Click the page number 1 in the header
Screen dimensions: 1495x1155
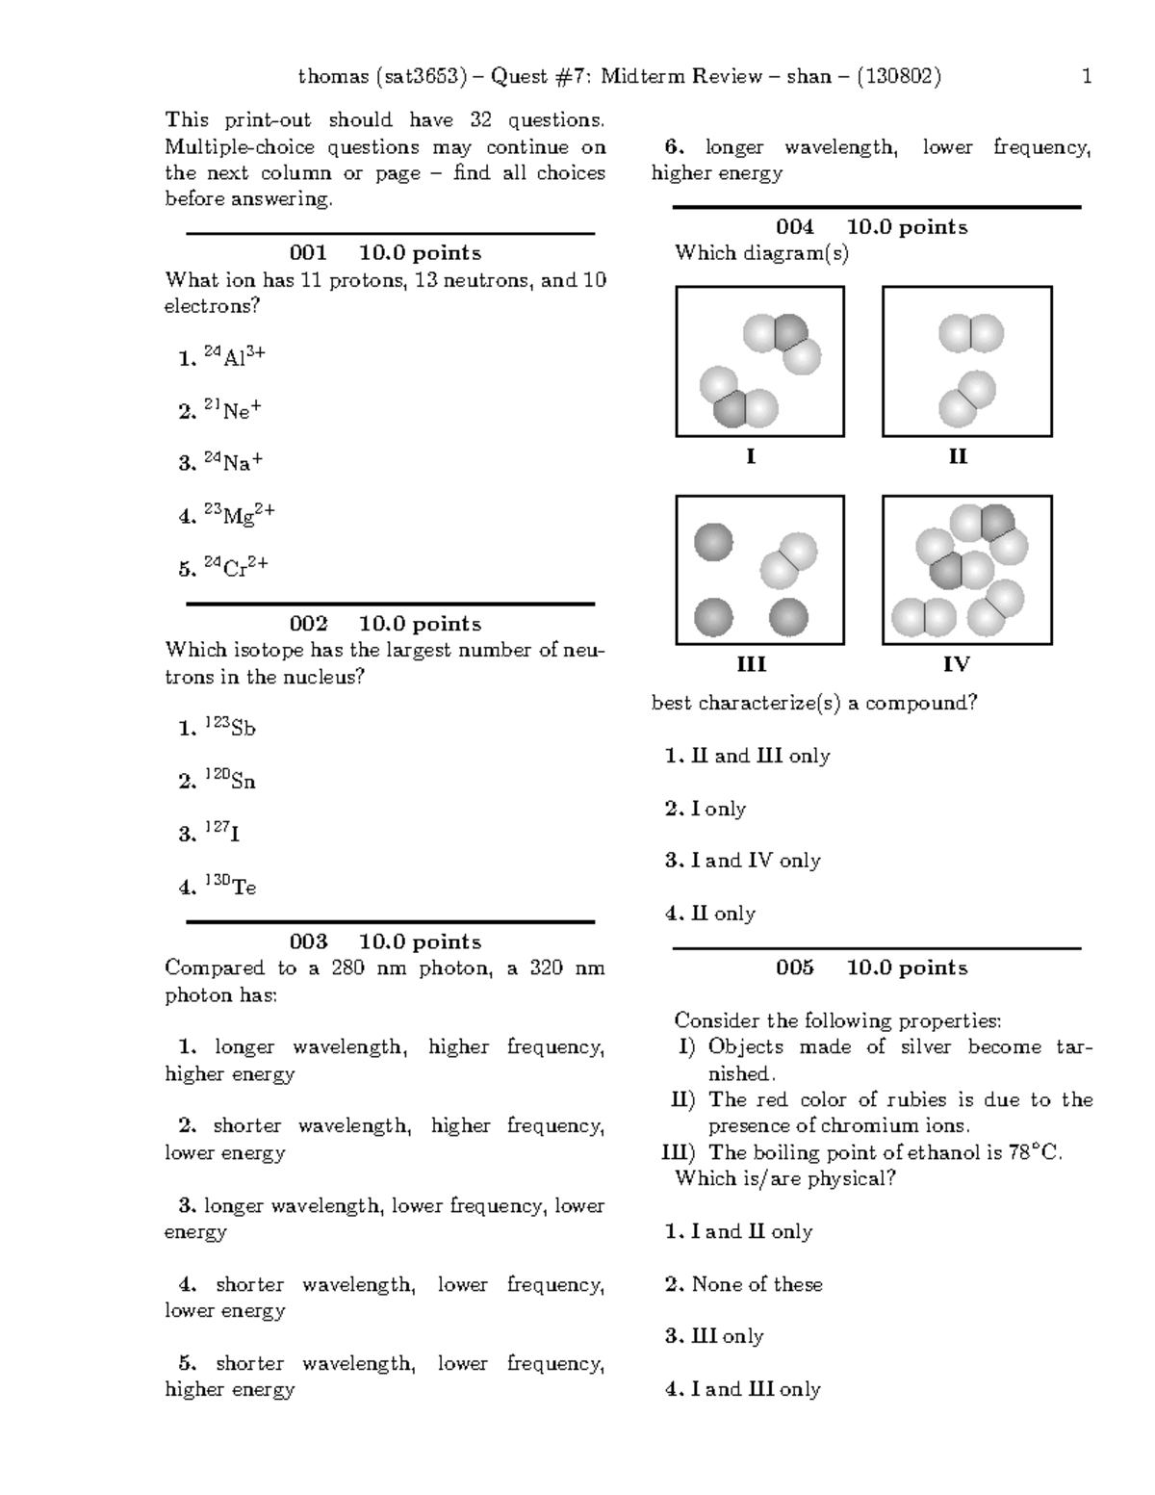click(1087, 77)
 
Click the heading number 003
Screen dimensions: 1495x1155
click(308, 941)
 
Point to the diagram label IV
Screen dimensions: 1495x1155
click(956, 664)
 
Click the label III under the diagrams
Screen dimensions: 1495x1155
click(751, 664)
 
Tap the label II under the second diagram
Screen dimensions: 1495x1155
click(957, 456)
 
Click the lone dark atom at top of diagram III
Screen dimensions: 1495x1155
click(713, 542)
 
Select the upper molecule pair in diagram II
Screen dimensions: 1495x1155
click(971, 334)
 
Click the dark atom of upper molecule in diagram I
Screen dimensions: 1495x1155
click(789, 331)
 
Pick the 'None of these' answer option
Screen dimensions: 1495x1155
click(757, 1284)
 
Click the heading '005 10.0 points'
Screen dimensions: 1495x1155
click(871, 967)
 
